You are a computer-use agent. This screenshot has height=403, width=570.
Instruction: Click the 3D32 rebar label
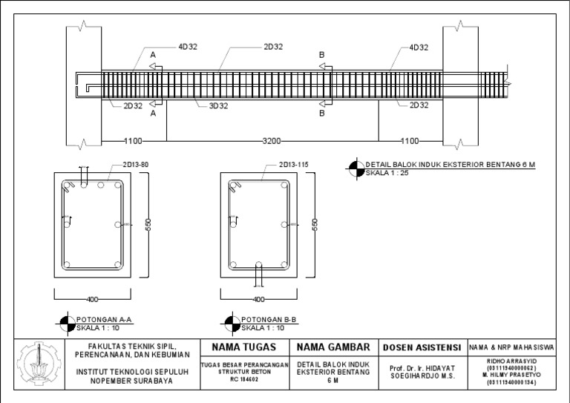pyautogui.click(x=218, y=105)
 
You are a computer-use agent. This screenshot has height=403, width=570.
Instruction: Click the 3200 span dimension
pyautogui.click(x=271, y=140)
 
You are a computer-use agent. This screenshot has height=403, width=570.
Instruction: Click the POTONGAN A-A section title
pyautogui.click(x=105, y=319)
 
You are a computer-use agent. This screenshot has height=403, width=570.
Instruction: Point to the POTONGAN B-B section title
pyautogui.click(x=269, y=319)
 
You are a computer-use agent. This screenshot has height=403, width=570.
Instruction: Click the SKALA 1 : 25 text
pyautogui.click(x=387, y=172)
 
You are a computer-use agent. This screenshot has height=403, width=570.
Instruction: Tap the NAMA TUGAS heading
pyautogui.click(x=243, y=347)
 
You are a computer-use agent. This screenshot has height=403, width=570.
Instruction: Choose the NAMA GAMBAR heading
pyautogui.click(x=333, y=347)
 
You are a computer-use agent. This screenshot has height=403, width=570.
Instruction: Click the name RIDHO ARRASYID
pyautogui.click(x=513, y=361)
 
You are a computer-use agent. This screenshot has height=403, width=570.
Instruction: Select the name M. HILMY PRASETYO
pyautogui.click(x=513, y=375)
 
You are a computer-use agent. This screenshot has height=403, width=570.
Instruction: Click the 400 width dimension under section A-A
pyautogui.click(x=92, y=300)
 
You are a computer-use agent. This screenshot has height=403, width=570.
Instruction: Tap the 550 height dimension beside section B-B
pyautogui.click(x=315, y=225)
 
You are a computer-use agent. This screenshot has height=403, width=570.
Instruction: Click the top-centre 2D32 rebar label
pyautogui.click(x=272, y=47)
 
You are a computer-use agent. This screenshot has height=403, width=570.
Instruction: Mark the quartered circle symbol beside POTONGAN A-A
pyautogui.click(x=65, y=323)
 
